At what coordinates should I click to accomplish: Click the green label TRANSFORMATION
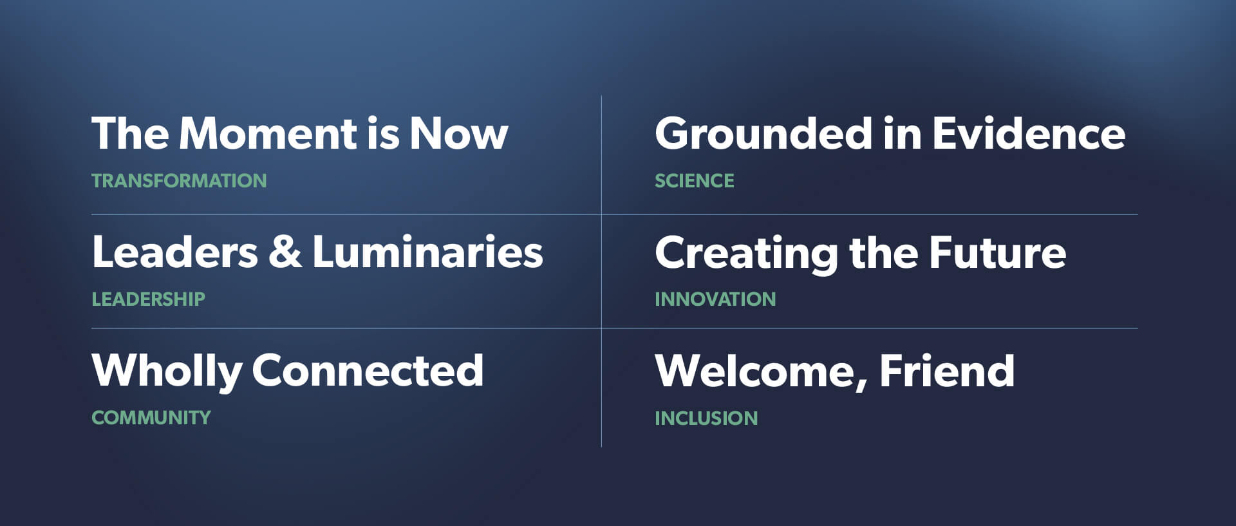pos(179,181)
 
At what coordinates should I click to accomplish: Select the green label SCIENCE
pos(694,181)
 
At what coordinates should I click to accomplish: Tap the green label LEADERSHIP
pos(148,299)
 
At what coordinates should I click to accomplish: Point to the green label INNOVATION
pos(715,299)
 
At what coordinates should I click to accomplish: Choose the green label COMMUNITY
pos(151,418)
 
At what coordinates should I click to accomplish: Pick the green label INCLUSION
pos(706,418)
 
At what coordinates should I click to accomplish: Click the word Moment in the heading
pos(268,134)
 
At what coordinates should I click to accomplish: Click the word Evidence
pos(1029,133)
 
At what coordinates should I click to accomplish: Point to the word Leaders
pos(175,252)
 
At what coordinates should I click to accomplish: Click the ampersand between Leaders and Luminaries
pos(285,252)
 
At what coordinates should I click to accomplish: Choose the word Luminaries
pos(427,252)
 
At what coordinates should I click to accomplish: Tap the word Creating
pos(746,254)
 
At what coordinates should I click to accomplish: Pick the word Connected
pos(368,370)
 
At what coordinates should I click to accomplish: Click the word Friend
pos(947,371)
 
